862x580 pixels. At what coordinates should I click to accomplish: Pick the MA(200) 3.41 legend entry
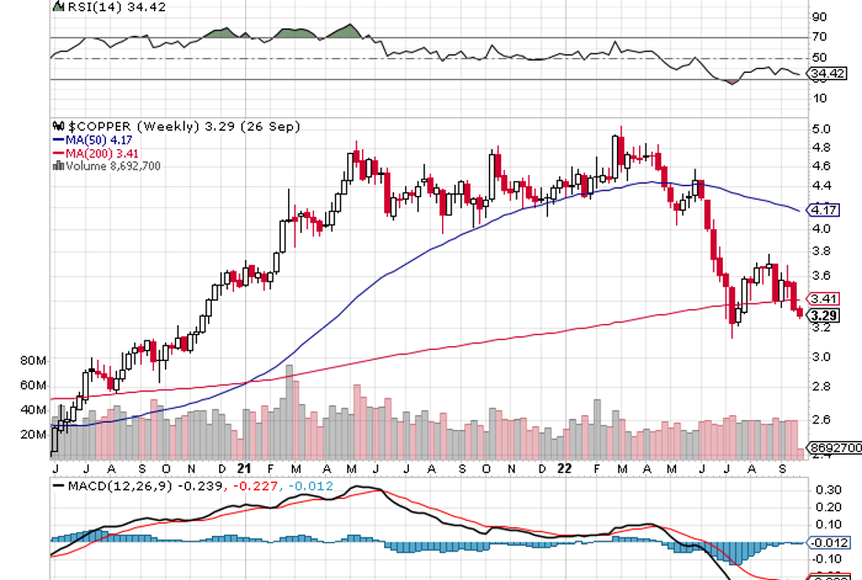point(87,153)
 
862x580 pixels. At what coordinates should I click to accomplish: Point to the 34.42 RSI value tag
point(826,73)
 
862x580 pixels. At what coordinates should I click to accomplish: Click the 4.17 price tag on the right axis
point(820,210)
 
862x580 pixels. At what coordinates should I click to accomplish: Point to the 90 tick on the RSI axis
point(818,17)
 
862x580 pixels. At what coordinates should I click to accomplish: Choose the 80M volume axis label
point(33,361)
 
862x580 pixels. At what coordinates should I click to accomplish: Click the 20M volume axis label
point(33,435)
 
